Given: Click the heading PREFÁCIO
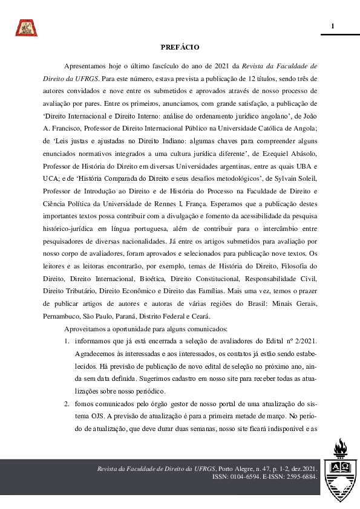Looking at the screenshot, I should point(180,47).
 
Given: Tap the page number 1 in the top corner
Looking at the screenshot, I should point(332,26).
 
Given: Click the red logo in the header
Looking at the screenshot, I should point(26,27).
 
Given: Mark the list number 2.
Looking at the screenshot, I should point(67,403).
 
